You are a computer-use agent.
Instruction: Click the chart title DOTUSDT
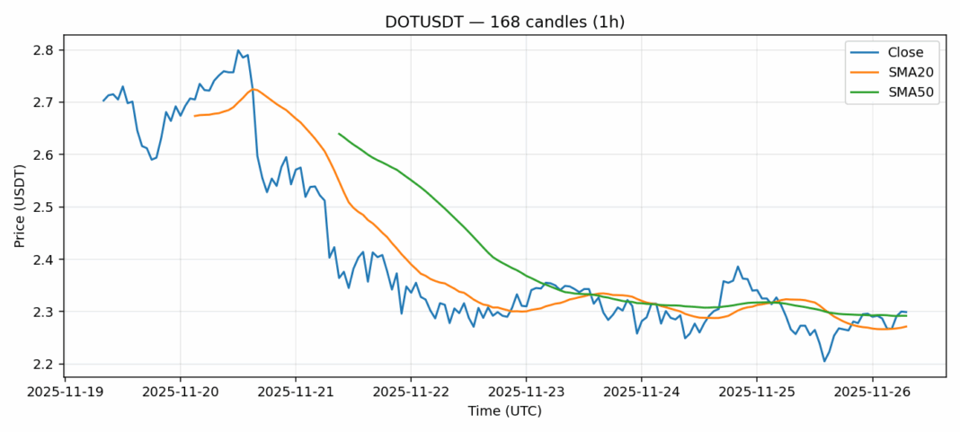click(x=479, y=22)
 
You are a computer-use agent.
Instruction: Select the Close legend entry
click(x=899, y=52)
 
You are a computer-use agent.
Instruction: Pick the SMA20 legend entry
click(x=903, y=73)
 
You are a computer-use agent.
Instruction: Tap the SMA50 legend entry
click(x=903, y=93)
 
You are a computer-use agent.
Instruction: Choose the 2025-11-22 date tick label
click(x=411, y=392)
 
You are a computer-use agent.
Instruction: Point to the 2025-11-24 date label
click(x=641, y=392)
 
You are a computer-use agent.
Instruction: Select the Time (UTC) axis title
click(x=504, y=411)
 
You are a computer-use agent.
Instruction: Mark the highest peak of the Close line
click(x=238, y=50)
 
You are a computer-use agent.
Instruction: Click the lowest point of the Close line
click(x=824, y=361)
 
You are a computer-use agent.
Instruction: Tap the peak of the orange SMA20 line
click(x=253, y=89)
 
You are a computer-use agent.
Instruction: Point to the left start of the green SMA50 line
click(x=339, y=134)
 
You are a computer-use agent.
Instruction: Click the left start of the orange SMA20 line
click(x=194, y=116)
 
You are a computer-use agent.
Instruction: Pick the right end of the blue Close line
click(x=906, y=312)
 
